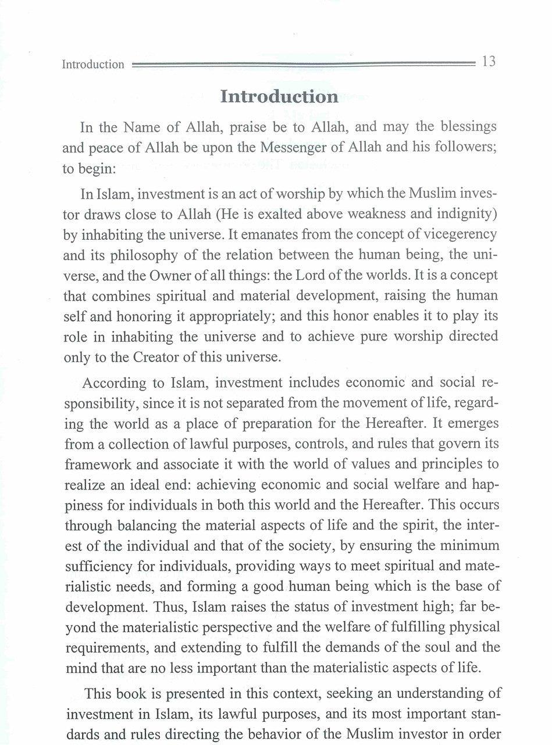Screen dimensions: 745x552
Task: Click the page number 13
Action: click(489, 62)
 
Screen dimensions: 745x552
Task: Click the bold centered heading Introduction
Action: click(279, 97)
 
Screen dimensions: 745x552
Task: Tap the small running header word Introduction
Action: click(93, 64)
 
